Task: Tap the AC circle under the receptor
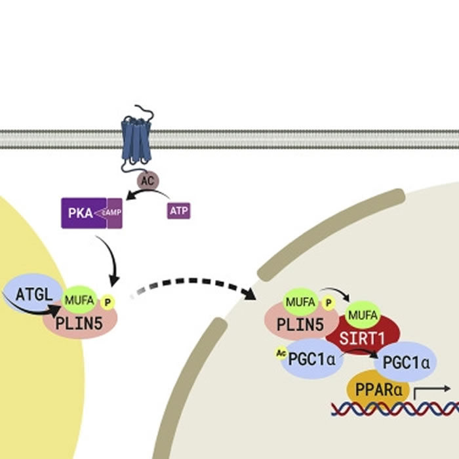(x=146, y=179)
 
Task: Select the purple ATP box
(x=178, y=210)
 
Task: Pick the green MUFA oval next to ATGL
(x=79, y=300)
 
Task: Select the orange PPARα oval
(x=378, y=390)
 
